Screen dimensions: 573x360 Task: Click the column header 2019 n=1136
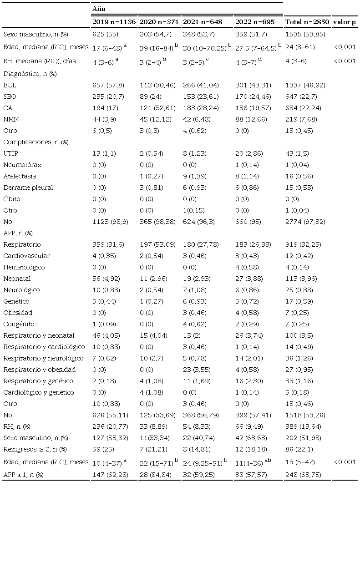tap(114, 22)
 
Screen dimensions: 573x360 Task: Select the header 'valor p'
tap(345, 22)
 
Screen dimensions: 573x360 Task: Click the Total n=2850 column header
tap(307, 22)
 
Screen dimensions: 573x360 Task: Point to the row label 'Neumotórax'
tap(21, 165)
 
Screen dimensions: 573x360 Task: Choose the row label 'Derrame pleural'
tap(28, 188)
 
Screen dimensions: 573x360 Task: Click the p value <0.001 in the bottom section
tap(345, 462)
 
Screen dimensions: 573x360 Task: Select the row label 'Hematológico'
tap(24, 267)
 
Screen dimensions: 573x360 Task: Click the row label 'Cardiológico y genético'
tap(38, 392)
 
